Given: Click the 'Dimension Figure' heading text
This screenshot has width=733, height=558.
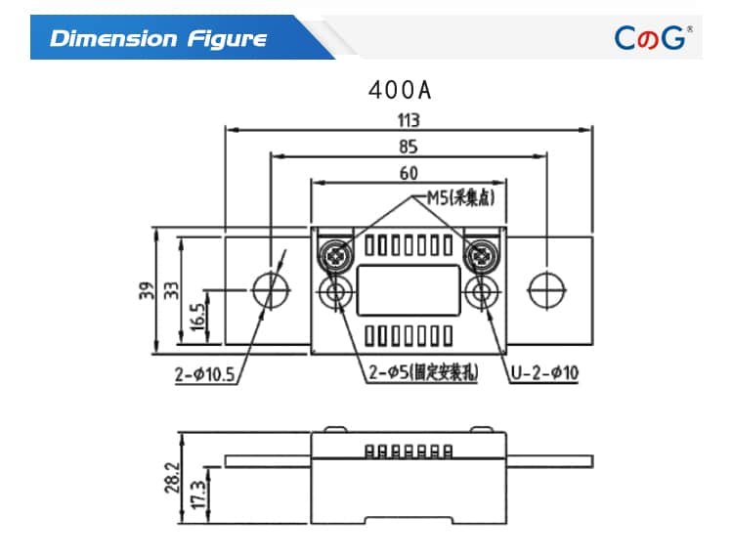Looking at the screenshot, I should [157, 38].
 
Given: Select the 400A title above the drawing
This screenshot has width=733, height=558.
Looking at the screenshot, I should [400, 90].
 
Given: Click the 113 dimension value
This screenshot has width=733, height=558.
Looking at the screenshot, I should [409, 120].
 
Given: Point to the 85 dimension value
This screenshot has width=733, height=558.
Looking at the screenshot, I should [409, 147].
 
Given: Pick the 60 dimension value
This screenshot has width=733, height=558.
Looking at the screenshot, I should [409, 174].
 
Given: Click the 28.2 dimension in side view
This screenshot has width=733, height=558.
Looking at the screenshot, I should [171, 479].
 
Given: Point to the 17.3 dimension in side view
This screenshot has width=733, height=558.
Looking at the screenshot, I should [198, 491].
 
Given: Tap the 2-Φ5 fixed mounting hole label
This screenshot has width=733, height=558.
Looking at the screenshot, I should [422, 373].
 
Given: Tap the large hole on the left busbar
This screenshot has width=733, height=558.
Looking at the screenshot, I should [272, 290].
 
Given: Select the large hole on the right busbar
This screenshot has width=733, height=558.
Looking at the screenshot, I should [545, 290].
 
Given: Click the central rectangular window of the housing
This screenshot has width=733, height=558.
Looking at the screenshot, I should [408, 289].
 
